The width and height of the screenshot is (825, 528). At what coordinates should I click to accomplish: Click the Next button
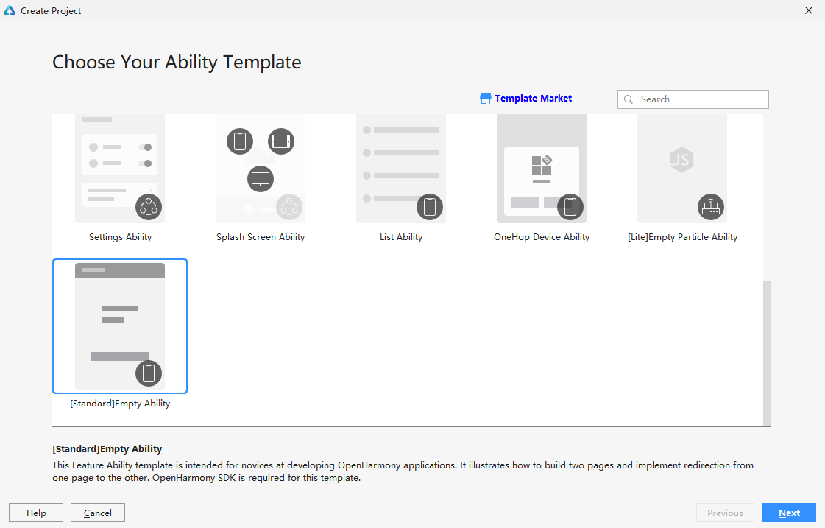(x=789, y=513)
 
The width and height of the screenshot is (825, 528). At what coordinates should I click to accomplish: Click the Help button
(x=36, y=513)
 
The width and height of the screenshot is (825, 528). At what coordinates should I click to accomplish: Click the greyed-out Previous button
(x=725, y=513)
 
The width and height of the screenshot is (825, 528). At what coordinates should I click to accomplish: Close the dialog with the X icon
(x=809, y=10)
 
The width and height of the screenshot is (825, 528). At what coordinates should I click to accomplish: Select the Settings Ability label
(x=120, y=237)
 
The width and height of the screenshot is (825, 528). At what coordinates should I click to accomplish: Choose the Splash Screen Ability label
(x=261, y=237)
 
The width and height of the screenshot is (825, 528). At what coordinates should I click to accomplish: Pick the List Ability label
(x=401, y=237)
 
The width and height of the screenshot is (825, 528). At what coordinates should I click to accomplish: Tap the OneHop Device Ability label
(x=542, y=237)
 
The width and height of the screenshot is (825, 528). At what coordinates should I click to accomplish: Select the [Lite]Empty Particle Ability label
(x=682, y=237)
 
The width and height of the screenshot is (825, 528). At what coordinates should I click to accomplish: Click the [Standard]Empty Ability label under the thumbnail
(x=120, y=404)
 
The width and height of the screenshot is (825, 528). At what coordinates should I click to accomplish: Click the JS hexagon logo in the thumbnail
(x=682, y=160)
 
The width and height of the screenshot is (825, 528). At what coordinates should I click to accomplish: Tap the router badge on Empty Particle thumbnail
(x=711, y=207)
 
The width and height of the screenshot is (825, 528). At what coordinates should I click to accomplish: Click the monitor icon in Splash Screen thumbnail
(x=261, y=179)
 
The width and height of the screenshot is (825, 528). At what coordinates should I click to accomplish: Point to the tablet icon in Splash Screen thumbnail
(x=281, y=141)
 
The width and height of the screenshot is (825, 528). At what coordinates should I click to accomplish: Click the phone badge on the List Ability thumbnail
(x=430, y=207)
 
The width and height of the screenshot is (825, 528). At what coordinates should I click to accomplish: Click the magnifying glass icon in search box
(x=629, y=99)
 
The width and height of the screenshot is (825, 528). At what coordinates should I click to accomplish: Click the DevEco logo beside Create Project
(x=10, y=10)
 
